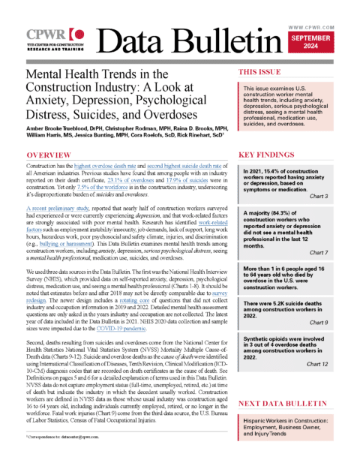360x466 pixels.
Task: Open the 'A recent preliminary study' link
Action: (52, 204)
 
